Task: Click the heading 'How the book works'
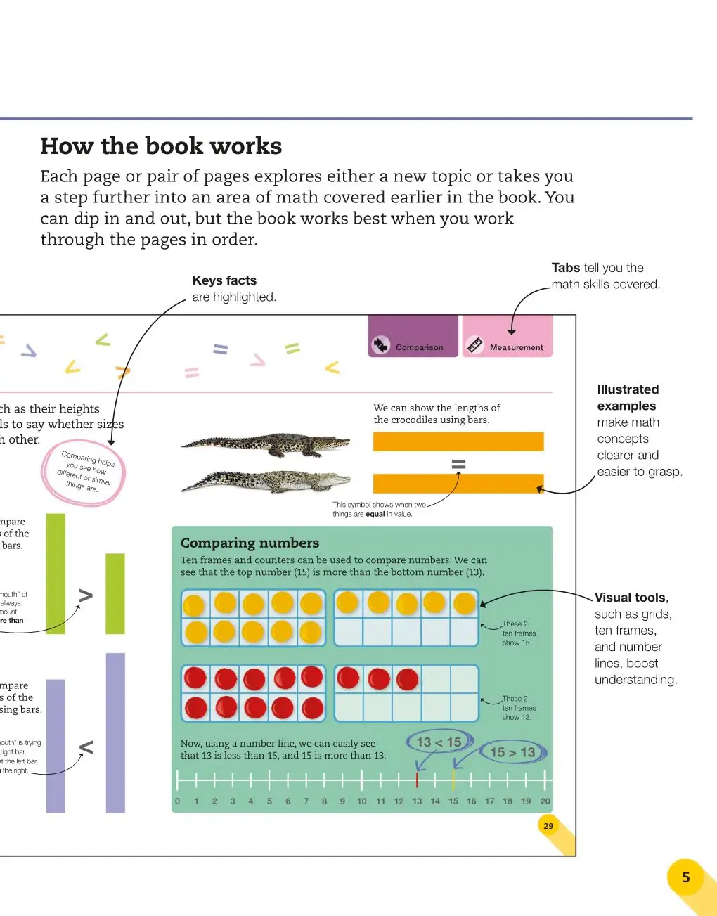[x=161, y=146]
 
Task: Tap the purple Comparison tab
[x=413, y=337]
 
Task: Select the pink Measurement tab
[x=508, y=337]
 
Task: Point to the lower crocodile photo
[x=266, y=481]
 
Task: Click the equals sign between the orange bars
[x=458, y=464]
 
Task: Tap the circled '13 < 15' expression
[x=439, y=742]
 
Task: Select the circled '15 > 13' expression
[x=513, y=752]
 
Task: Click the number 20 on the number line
[x=545, y=801]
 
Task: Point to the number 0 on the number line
[x=177, y=801]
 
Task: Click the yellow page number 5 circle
[x=686, y=877]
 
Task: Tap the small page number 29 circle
[x=548, y=826]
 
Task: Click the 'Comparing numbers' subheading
[x=250, y=543]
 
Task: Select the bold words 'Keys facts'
[x=224, y=280]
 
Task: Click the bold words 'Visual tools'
[x=630, y=598]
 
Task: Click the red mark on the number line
[x=417, y=780]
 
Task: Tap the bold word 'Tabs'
[x=565, y=268]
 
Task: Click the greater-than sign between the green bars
[x=85, y=596]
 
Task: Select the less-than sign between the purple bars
[x=86, y=747]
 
